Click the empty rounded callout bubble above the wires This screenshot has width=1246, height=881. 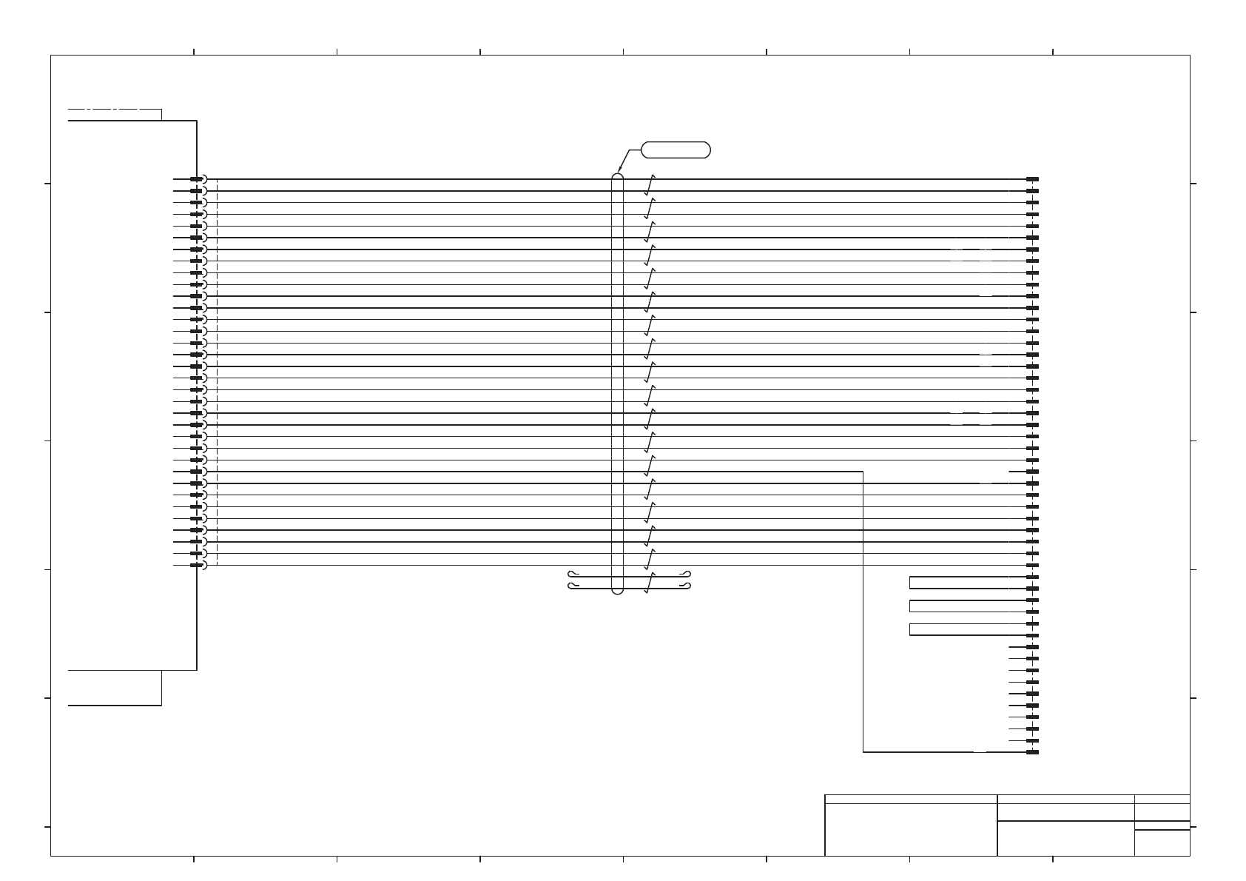click(676, 150)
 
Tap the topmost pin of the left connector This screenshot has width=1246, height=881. click(196, 179)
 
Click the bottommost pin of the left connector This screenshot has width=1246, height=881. click(196, 566)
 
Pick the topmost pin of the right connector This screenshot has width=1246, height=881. click(1033, 179)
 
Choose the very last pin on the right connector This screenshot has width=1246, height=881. click(1033, 752)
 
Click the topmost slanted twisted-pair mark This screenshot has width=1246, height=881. click(650, 185)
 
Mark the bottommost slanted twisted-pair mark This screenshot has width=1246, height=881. click(650, 583)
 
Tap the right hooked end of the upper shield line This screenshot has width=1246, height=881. click(687, 575)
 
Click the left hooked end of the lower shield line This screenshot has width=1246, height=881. click(570, 586)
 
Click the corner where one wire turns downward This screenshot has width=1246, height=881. click(863, 472)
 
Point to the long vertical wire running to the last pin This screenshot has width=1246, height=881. click(863, 614)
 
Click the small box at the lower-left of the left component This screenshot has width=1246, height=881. click(115, 688)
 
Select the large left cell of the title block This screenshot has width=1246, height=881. click(911, 829)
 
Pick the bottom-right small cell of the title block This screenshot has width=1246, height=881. click(1162, 843)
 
